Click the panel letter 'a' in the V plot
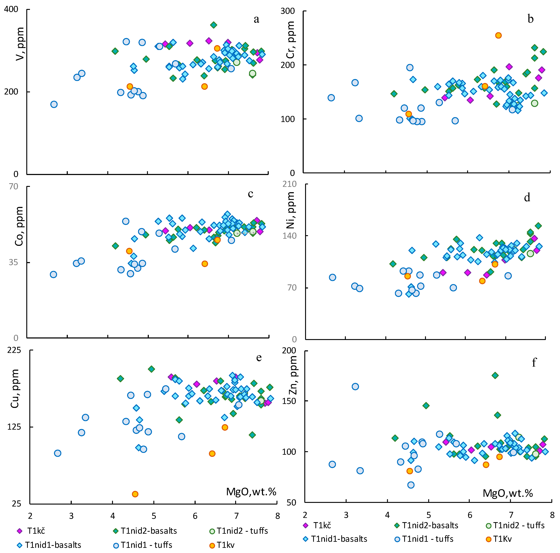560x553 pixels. click(x=256, y=19)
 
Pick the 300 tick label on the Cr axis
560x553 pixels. click(x=288, y=11)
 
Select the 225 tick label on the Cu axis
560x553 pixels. click(x=14, y=350)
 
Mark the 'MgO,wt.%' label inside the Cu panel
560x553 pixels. click(x=251, y=492)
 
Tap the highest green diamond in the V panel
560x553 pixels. click(x=214, y=25)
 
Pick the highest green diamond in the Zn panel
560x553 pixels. click(x=495, y=375)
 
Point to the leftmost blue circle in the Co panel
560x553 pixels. click(x=53, y=274)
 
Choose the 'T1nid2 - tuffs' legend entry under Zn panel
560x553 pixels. click(x=515, y=525)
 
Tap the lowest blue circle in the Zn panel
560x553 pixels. click(x=411, y=485)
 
